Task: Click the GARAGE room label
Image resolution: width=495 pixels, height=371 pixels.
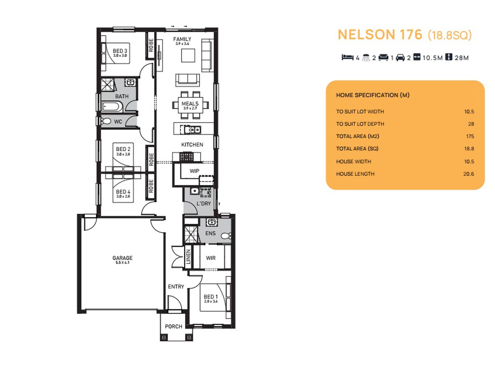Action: coord(122,258)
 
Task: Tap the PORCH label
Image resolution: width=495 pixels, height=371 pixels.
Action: coord(174,326)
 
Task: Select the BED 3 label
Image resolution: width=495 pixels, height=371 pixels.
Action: coord(120,51)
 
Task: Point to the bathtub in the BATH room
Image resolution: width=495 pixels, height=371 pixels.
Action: coord(112,107)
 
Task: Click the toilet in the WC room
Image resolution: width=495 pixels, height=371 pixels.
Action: coord(107,121)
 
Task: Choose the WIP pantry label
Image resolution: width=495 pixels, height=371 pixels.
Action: coord(194,171)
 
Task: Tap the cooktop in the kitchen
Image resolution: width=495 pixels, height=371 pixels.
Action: coord(187,157)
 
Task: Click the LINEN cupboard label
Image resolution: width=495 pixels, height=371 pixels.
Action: coord(188,257)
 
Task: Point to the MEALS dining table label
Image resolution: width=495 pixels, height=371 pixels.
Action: coord(190,104)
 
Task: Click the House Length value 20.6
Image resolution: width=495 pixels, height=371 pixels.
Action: coord(468,174)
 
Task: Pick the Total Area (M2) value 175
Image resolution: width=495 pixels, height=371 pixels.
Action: coord(470,136)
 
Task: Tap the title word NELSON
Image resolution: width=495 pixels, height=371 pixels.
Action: coord(367,35)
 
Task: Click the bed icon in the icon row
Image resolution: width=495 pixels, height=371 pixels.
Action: coord(348,57)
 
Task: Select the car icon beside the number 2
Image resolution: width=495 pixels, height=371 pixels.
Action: coord(400,58)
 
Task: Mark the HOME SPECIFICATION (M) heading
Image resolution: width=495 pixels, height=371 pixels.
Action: coord(373,95)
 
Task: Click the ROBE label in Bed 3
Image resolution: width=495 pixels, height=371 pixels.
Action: coord(151,45)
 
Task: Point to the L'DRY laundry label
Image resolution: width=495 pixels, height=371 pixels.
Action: coord(203,203)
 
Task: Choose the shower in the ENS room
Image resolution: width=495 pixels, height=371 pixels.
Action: coord(191,235)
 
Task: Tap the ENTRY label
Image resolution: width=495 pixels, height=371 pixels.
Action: coord(176,287)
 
